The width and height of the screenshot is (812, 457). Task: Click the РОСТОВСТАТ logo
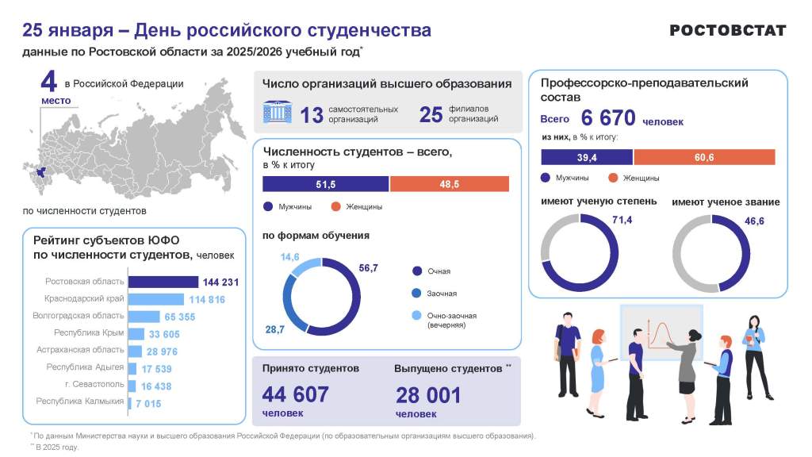tap(727, 30)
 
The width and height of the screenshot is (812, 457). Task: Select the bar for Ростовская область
tap(163, 282)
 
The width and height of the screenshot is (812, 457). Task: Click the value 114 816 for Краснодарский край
tap(207, 299)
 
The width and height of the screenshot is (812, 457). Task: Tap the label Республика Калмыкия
tap(80, 401)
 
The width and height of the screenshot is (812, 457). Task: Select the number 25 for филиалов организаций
tap(431, 114)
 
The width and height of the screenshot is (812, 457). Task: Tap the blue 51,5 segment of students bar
tap(326, 184)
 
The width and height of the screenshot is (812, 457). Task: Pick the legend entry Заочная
tap(442, 294)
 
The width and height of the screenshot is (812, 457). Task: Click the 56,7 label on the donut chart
tap(368, 268)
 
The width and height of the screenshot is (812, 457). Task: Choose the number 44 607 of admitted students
tap(295, 394)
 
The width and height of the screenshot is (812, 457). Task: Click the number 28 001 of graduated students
tap(427, 394)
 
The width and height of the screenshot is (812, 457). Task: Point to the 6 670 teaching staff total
tap(608, 118)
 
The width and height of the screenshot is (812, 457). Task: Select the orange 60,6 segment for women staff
tap(704, 157)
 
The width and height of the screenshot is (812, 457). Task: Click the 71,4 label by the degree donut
tap(622, 221)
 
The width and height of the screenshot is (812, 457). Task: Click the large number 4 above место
tap(50, 82)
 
